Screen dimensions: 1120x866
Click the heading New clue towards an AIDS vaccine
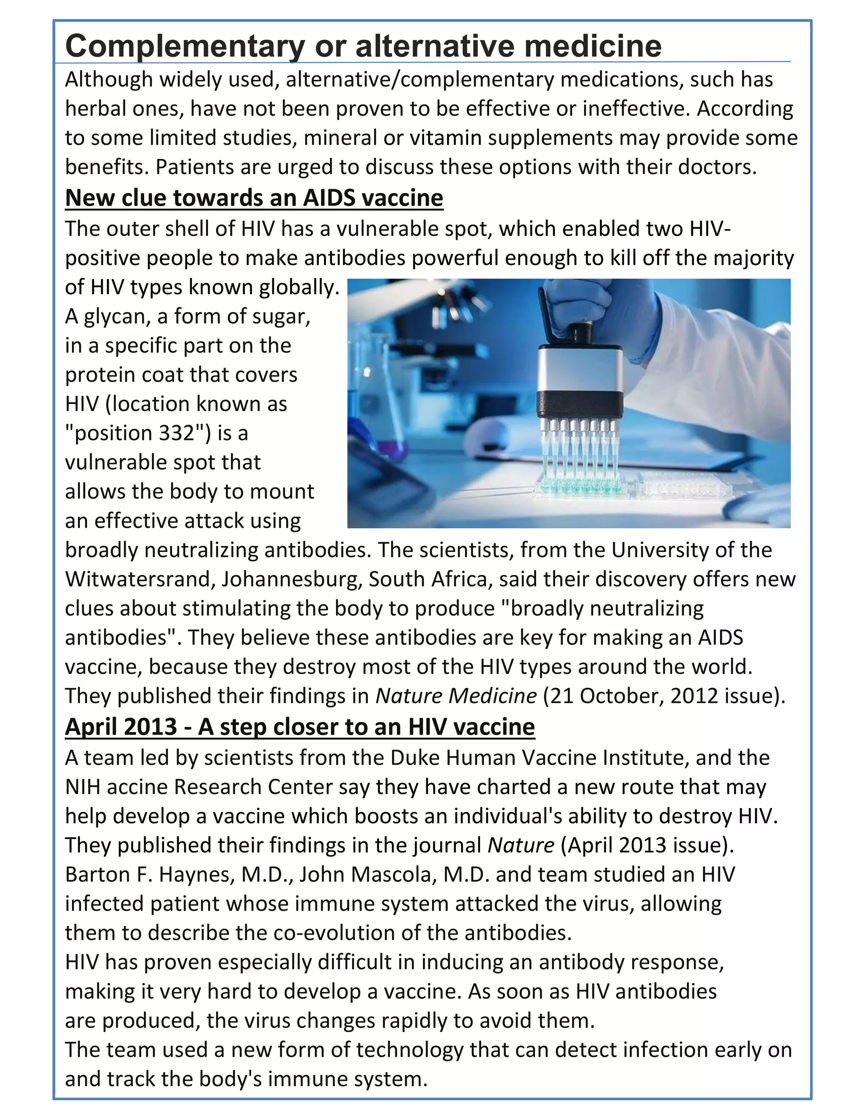(x=254, y=198)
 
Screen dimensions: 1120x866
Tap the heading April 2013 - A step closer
(x=300, y=727)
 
